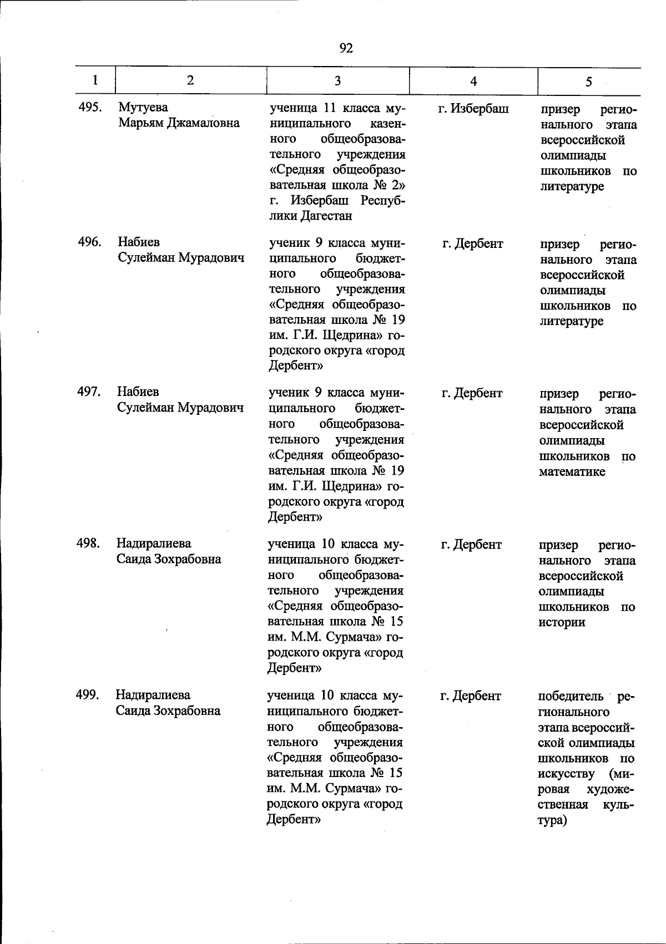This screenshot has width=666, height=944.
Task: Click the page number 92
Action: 346,48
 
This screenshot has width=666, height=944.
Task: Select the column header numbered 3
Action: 337,81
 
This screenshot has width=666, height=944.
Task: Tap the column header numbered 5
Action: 588,82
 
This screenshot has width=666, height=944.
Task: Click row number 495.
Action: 90,108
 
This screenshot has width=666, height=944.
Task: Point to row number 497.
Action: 89,392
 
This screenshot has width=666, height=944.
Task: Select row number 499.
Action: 88,694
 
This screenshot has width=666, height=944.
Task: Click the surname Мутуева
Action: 143,108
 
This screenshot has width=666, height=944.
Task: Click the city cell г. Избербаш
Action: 473,109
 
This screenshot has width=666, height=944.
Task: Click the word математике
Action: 572,472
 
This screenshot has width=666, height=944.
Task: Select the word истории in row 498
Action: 562,622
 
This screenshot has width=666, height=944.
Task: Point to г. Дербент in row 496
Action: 473,243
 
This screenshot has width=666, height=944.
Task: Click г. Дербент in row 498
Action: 471,545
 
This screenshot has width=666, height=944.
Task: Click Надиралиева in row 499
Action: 153,694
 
